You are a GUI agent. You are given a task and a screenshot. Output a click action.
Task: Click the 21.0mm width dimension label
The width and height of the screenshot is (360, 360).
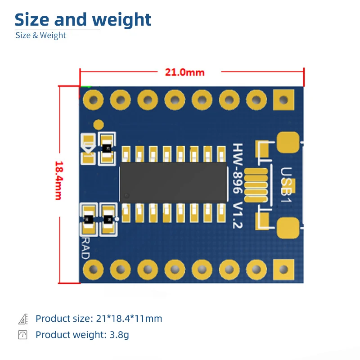tap(184, 72)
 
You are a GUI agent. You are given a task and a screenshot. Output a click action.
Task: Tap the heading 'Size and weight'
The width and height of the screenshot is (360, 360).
tap(83, 20)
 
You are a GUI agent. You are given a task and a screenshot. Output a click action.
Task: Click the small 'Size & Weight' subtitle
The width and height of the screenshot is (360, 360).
tap(40, 36)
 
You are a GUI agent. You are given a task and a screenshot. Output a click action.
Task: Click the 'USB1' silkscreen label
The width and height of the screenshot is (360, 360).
tap(286, 181)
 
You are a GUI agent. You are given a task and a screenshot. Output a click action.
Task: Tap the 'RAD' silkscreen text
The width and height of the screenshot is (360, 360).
tap(85, 248)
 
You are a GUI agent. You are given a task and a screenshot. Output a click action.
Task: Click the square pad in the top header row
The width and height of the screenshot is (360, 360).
tap(283, 99)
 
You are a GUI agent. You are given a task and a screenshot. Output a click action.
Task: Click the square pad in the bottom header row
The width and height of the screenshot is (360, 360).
tap(283, 269)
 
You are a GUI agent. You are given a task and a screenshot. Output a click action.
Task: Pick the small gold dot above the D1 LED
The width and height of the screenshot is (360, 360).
tap(98, 124)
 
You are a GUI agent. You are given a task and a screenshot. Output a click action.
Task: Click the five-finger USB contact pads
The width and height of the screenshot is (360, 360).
tap(258, 185)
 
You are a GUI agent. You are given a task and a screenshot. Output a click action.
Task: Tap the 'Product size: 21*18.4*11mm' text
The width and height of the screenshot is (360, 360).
tap(99, 319)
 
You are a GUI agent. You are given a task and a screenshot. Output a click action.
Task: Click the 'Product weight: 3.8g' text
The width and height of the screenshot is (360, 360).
tap(82, 335)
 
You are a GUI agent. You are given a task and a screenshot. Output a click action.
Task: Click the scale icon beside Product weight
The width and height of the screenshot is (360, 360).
tap(22, 335)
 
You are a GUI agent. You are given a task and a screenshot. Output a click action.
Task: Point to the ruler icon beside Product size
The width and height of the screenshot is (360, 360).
tap(22, 319)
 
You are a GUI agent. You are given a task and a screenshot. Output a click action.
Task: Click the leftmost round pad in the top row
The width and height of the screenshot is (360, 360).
tap(94, 99)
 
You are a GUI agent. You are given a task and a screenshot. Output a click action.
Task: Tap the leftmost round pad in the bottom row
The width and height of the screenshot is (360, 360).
tap(94, 269)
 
